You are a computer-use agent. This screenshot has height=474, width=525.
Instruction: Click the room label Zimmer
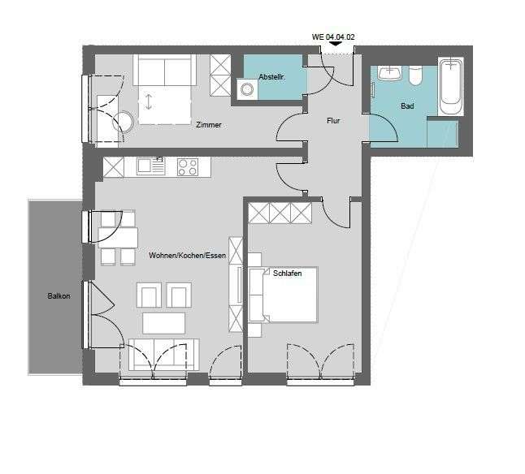209,125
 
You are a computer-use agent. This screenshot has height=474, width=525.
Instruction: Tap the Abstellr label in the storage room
272,76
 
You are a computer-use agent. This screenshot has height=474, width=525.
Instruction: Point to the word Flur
333,120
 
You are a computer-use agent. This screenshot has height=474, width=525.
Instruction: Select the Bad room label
407,106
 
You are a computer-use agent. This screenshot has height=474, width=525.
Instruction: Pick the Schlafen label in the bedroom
288,274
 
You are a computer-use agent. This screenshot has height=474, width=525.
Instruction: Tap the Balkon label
59,296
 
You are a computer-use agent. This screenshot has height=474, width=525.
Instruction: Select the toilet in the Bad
416,75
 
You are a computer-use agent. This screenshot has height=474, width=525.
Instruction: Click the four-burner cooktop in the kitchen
188,166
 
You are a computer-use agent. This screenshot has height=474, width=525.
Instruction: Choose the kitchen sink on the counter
150,166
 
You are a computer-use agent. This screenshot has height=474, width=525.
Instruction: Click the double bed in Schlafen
284,295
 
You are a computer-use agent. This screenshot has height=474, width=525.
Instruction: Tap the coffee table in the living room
165,323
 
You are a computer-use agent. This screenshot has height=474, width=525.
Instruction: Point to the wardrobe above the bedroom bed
280,213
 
